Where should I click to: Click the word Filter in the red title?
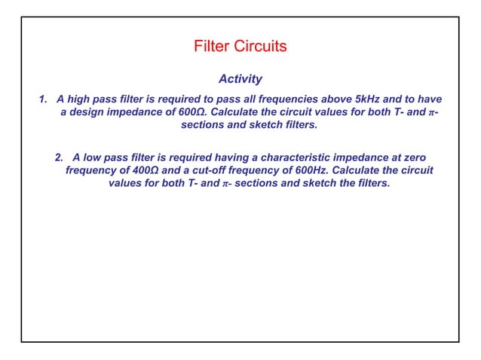tap(213, 47)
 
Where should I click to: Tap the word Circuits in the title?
tap(259, 47)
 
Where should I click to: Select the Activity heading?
tap(240, 78)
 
